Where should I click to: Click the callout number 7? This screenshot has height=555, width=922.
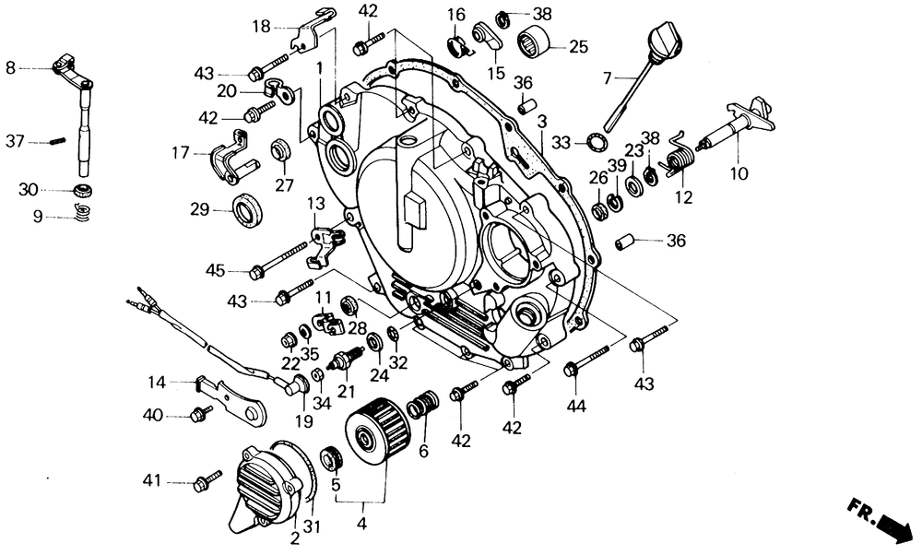pyautogui.click(x=608, y=79)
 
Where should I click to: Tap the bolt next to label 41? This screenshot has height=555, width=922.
pyautogui.click(x=207, y=480)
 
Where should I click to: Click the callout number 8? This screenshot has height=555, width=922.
pyautogui.click(x=11, y=67)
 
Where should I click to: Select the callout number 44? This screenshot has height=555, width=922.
pyautogui.click(x=576, y=405)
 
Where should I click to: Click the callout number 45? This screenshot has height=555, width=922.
pyautogui.click(x=215, y=270)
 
